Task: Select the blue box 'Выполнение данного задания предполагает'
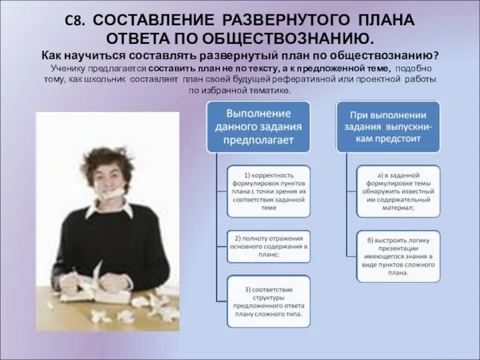click(258, 127)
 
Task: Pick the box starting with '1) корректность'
click(269, 191)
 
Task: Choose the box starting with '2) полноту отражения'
click(269, 246)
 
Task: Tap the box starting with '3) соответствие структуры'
click(269, 301)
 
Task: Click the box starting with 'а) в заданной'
click(398, 191)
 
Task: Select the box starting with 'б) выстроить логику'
click(398, 256)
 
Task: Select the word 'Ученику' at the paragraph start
click(69, 68)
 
